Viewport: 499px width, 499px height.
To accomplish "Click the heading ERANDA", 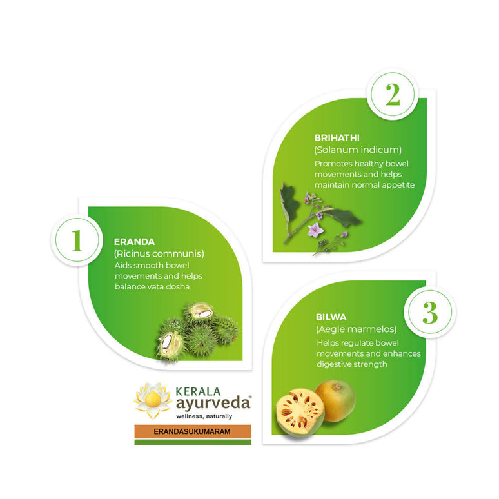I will click(134, 242).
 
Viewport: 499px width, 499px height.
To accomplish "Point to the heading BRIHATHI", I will click(337, 138).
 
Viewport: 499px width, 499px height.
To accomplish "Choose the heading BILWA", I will click(331, 317).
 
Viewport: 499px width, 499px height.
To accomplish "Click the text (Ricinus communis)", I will click(159, 254).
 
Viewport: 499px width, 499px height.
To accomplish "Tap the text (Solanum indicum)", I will click(358, 150).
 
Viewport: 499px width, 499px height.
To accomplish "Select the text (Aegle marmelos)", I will click(356, 330).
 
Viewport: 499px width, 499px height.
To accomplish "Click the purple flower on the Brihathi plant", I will click(315, 230).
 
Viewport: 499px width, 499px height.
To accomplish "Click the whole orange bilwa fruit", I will click(335, 400).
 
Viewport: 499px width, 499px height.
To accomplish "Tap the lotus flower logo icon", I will click(152, 400).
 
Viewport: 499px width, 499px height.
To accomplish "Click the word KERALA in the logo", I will click(199, 391).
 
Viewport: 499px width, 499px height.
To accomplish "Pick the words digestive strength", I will click(351, 364).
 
